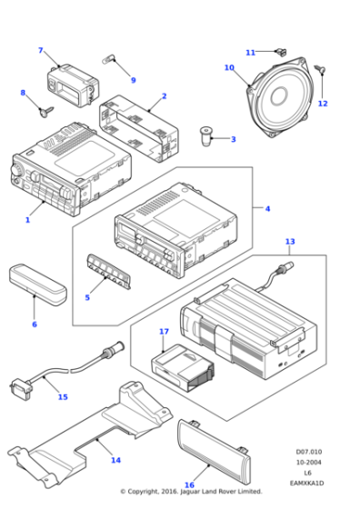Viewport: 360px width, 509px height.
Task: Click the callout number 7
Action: pyautogui.click(x=40, y=50)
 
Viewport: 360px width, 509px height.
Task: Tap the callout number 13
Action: pyautogui.click(x=289, y=242)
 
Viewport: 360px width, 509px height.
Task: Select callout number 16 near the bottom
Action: pyautogui.click(x=189, y=485)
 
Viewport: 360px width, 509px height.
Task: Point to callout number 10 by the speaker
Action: pyautogui.click(x=229, y=67)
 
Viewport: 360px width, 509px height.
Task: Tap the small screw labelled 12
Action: pyautogui.click(x=320, y=69)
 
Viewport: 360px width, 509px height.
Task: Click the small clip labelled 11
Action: pyautogui.click(x=282, y=52)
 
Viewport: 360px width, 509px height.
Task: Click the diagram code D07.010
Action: pyautogui.click(x=308, y=451)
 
